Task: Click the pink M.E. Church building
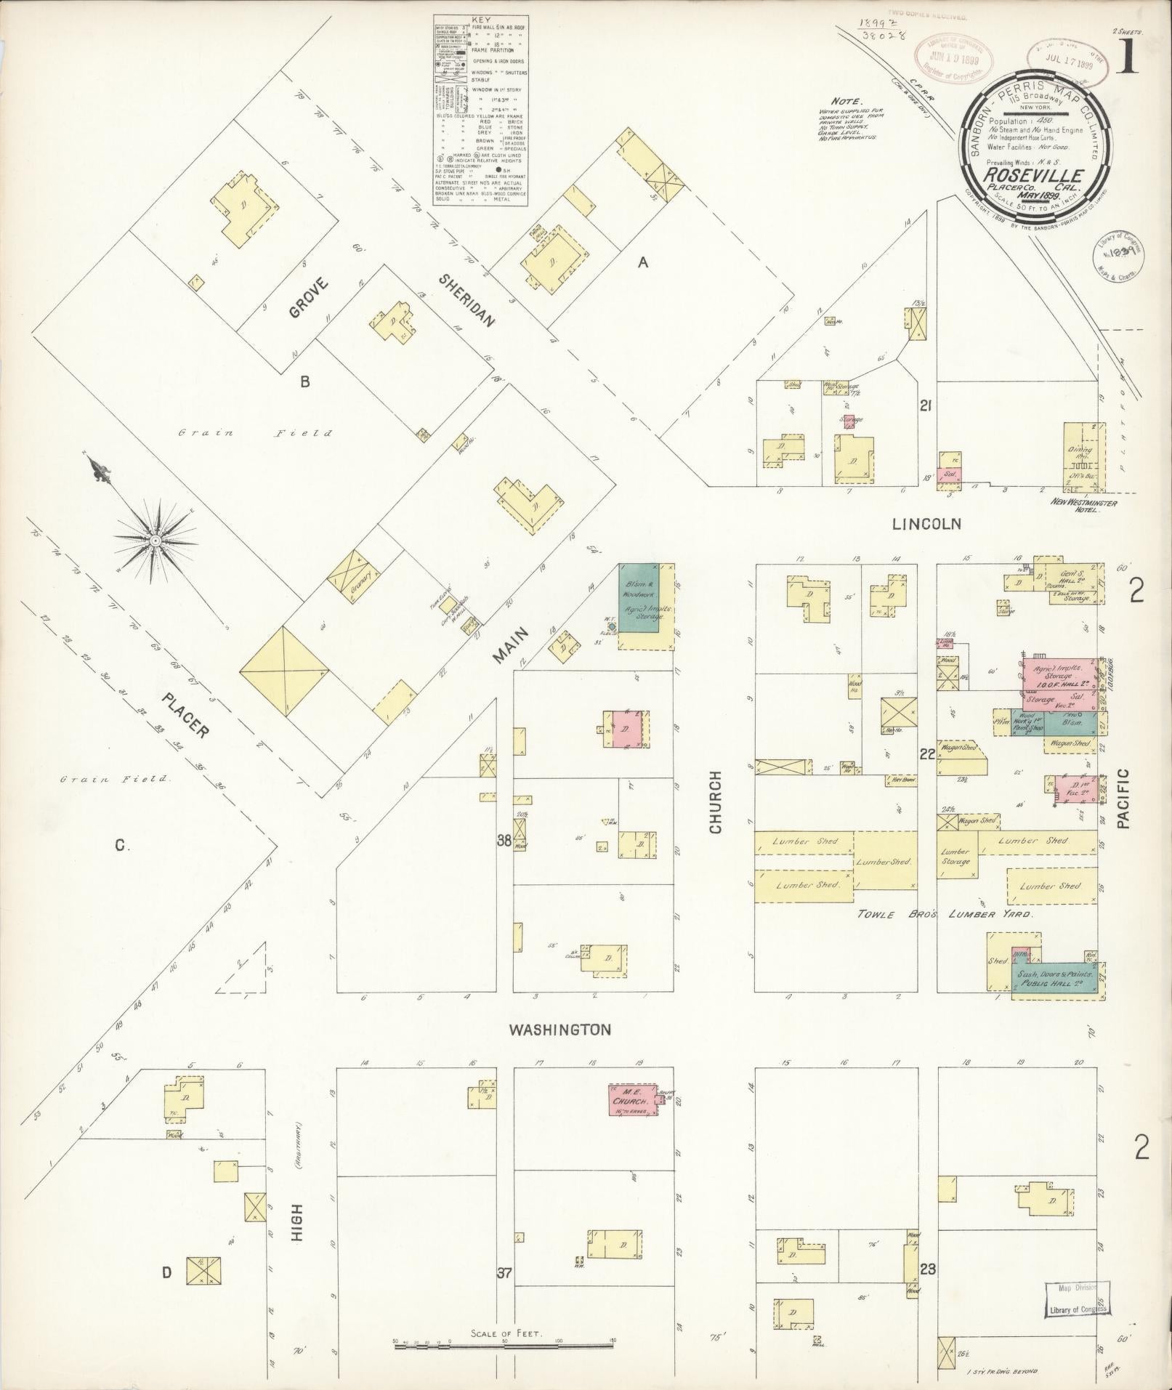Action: tap(629, 1120)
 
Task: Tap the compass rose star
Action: tap(155, 541)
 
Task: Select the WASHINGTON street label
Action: tap(559, 1030)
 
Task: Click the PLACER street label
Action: tap(186, 715)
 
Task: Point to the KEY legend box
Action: tap(480, 110)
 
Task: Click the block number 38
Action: tap(504, 841)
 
